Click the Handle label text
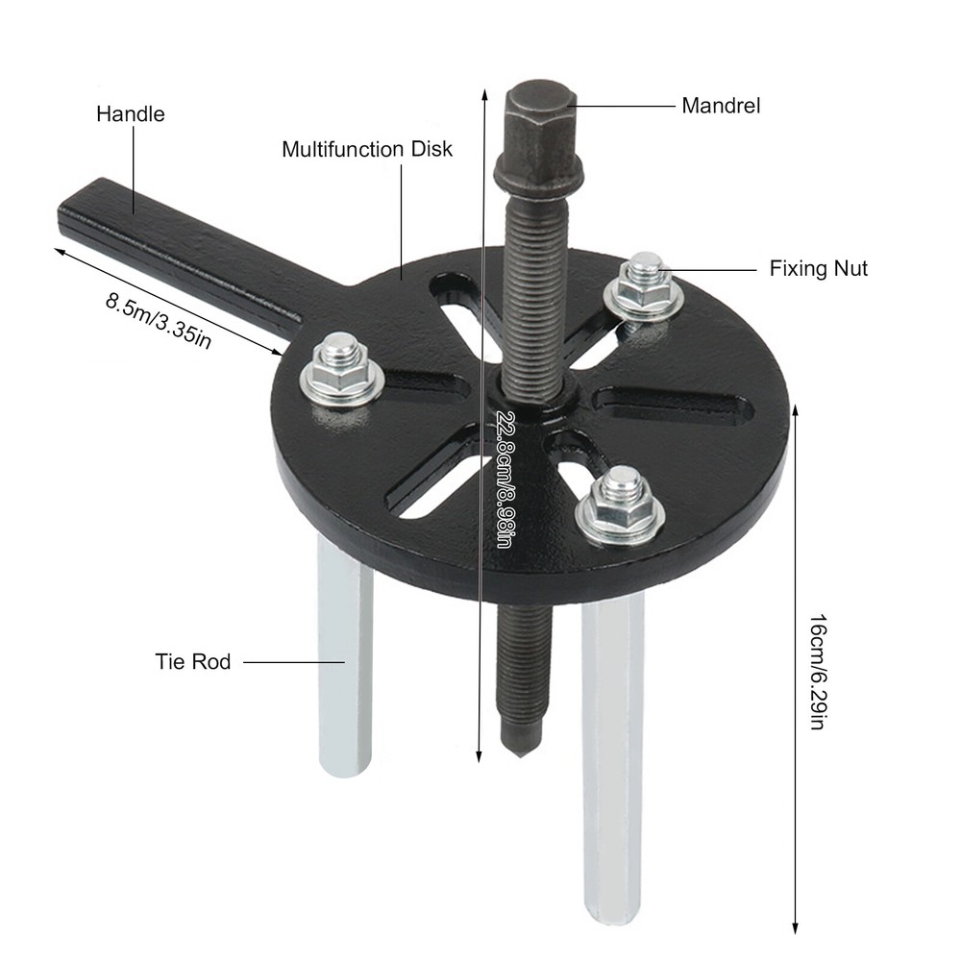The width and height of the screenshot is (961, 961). (130, 114)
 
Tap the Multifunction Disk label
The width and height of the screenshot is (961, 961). (366, 150)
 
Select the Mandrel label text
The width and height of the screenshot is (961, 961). (721, 106)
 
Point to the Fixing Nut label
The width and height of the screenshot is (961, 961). (818, 268)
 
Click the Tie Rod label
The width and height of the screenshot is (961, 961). (193, 661)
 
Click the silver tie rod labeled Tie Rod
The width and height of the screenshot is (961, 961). (345, 663)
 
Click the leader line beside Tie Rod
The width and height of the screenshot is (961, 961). (293, 661)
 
